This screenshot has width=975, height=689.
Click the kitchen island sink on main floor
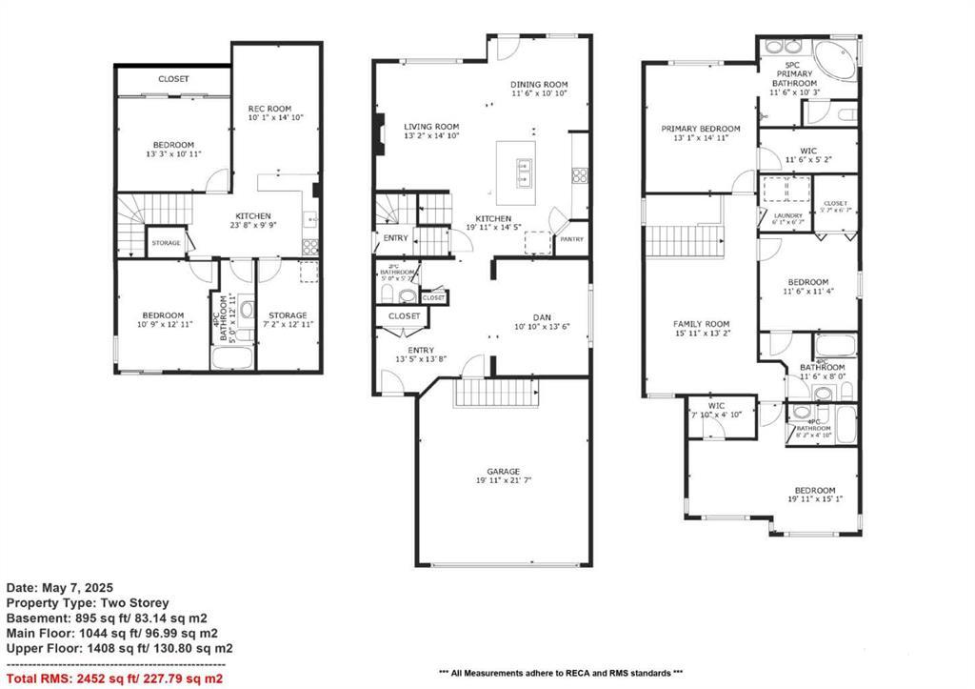523,172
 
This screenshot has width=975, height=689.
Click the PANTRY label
571,240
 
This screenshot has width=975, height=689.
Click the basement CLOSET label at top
173,79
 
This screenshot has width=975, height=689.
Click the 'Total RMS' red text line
114,679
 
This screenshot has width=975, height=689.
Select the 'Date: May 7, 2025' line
60,588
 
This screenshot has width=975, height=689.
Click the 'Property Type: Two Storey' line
88,603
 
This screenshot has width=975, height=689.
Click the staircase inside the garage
494,392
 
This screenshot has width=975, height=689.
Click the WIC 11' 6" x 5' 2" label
807,155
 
